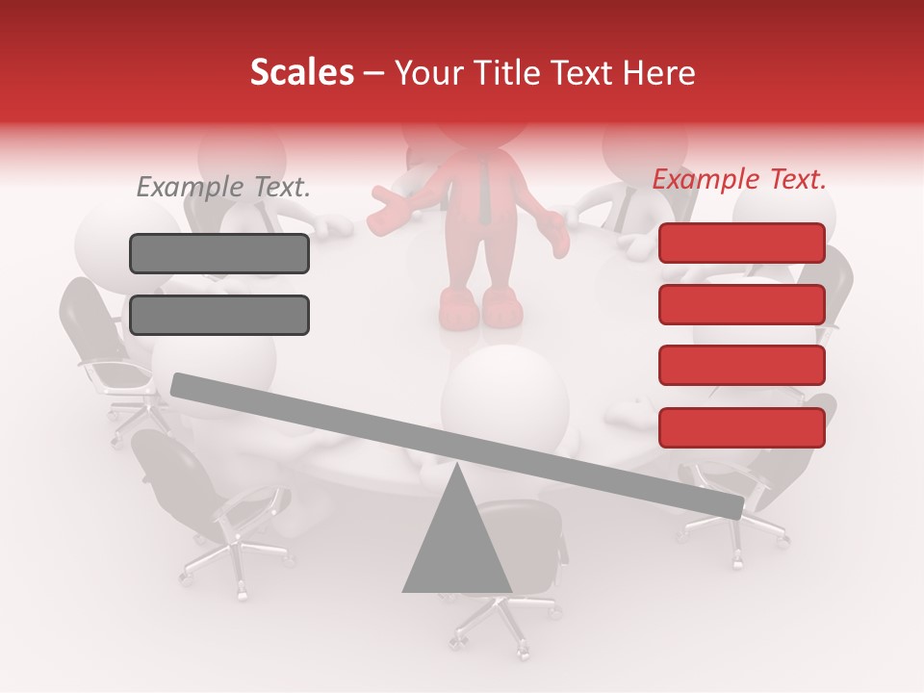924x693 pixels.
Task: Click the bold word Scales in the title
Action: pos(301,73)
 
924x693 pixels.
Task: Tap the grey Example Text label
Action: pos(223,187)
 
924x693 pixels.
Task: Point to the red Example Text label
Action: pos(739,179)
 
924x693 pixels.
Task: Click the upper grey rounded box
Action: pos(219,253)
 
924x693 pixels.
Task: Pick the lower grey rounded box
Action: pos(219,315)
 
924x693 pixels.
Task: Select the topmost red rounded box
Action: pos(741,243)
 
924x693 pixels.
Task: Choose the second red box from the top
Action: pos(741,304)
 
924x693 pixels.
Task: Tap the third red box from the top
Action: pos(741,366)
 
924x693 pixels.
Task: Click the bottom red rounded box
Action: pos(741,427)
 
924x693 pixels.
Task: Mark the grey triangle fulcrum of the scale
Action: pos(456,539)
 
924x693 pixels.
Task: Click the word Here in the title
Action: pos(659,73)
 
